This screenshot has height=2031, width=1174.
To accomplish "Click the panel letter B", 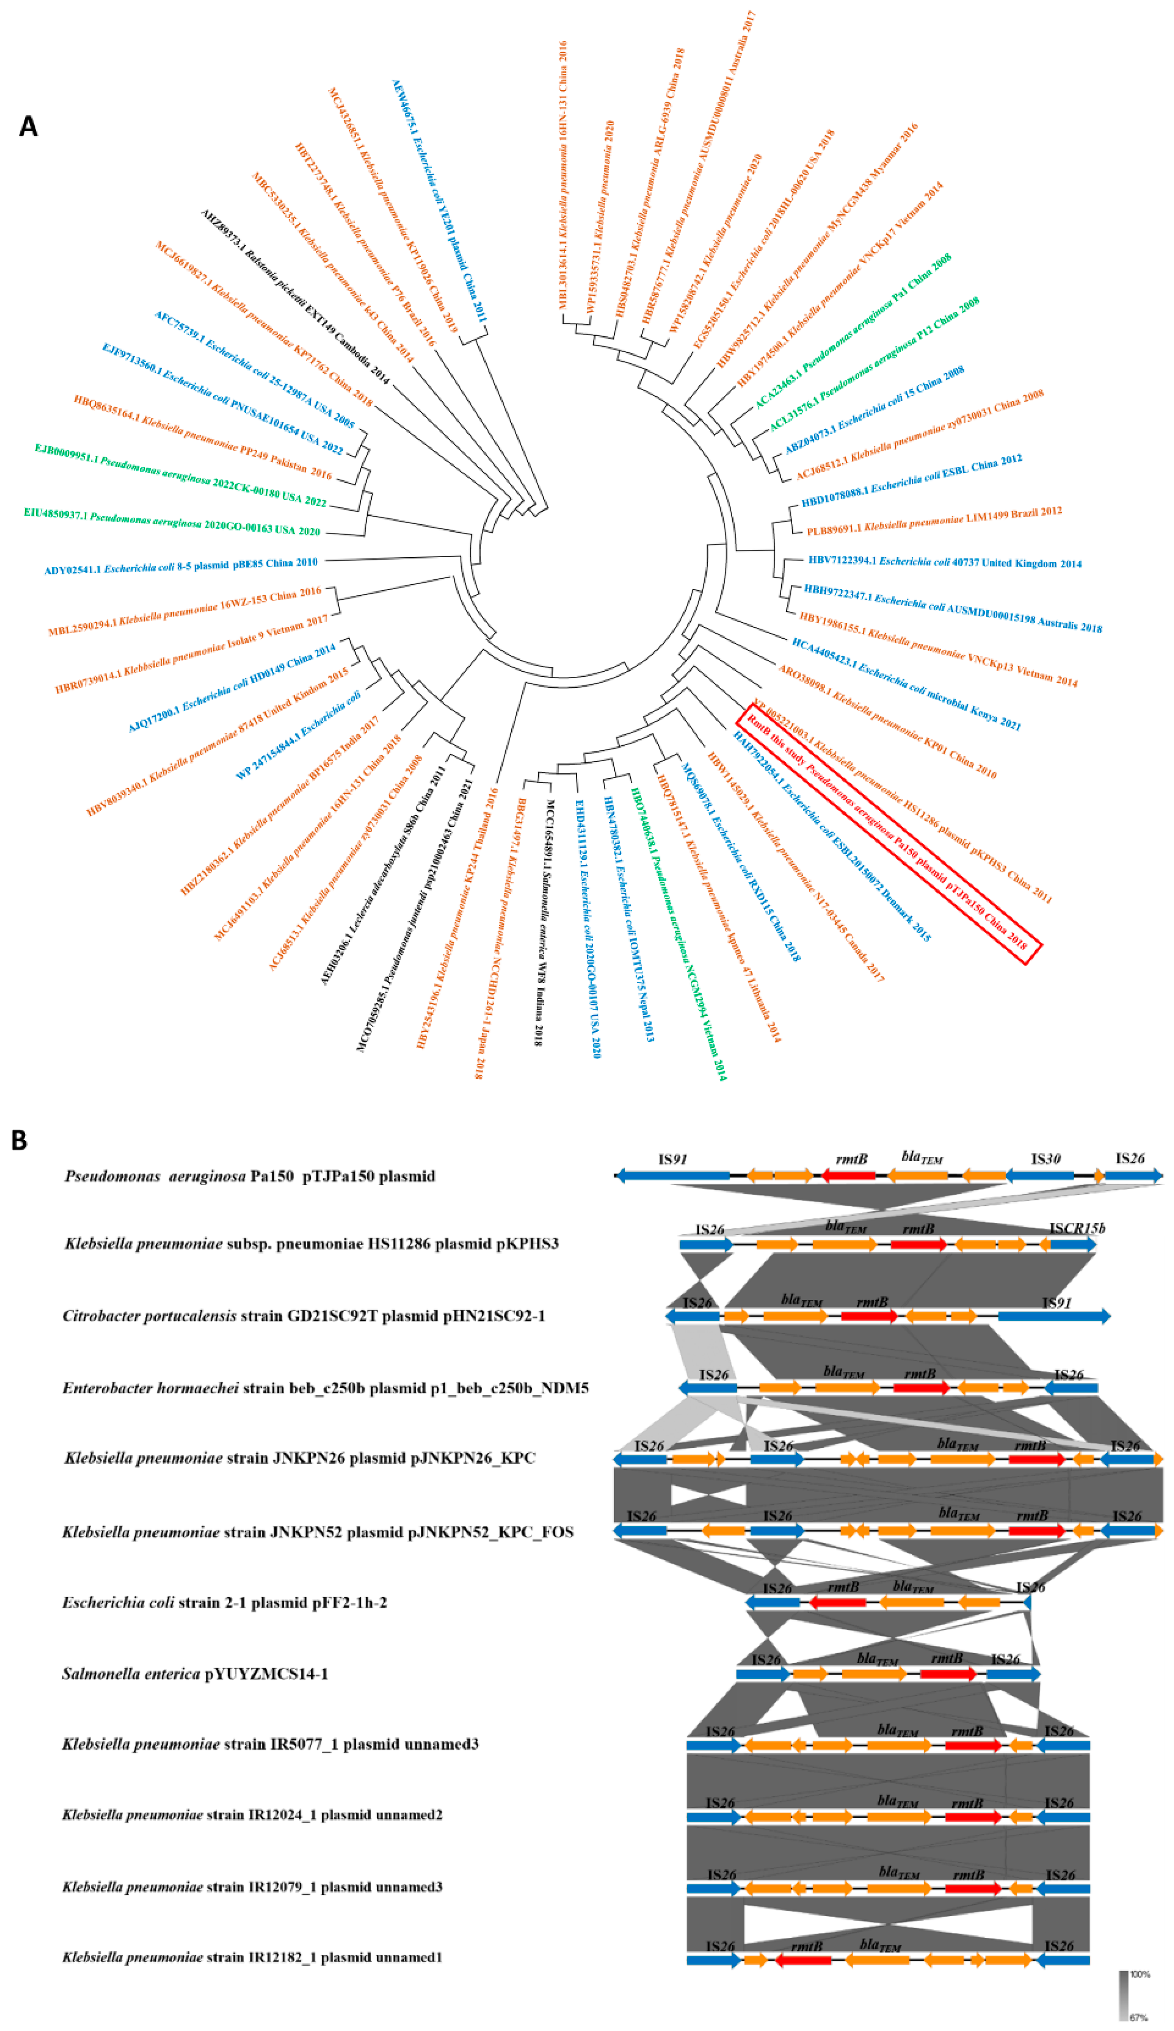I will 19,1141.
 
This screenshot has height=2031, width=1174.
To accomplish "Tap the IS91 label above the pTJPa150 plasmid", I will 672,1160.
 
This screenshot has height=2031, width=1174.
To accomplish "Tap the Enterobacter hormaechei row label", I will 326,1388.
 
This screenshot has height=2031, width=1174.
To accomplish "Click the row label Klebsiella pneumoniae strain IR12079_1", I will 252,1887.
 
